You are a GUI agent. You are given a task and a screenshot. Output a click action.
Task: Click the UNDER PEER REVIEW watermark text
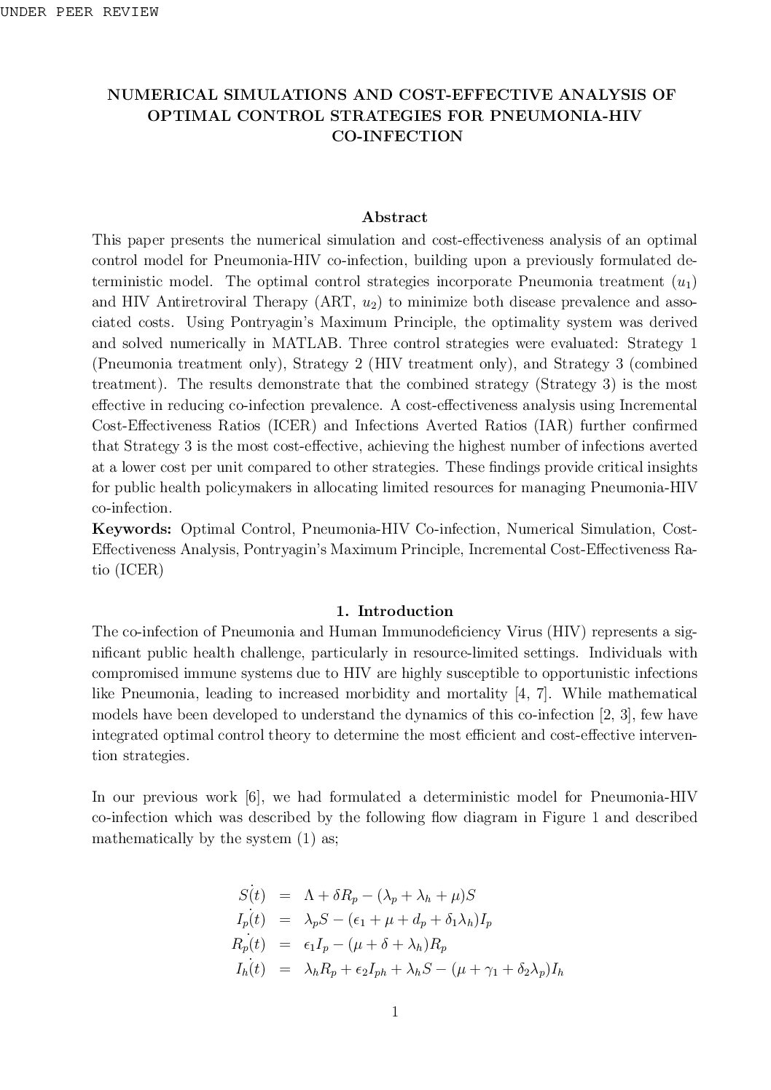(x=79, y=12)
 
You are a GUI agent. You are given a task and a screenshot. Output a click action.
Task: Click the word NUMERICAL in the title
(x=157, y=95)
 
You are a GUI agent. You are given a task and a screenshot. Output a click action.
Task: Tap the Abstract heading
(x=394, y=217)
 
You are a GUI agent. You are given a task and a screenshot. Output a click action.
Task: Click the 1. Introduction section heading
(x=394, y=611)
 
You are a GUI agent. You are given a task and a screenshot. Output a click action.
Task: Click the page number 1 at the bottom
(x=394, y=1011)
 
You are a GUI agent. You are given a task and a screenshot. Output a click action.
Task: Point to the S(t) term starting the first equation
(x=252, y=895)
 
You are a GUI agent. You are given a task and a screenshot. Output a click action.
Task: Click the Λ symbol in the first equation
(x=309, y=896)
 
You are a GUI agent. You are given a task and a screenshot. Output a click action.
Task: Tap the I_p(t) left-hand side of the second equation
(x=250, y=920)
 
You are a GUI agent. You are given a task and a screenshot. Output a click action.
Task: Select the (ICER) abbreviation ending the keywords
(x=138, y=569)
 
